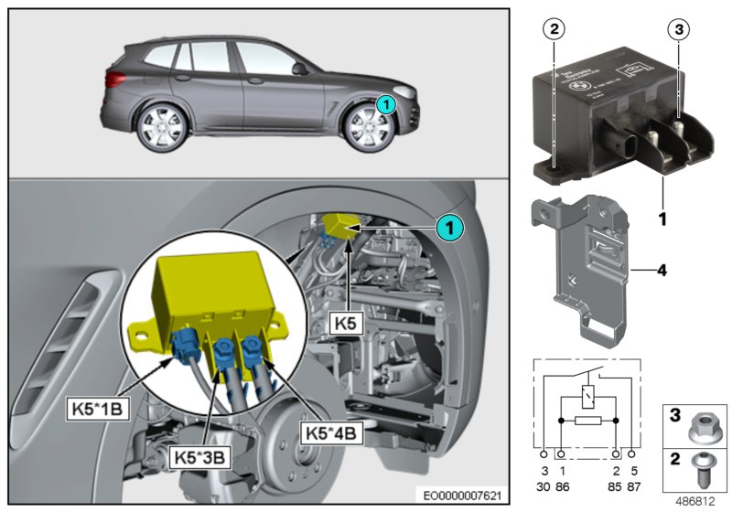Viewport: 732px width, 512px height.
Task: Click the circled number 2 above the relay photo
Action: coord(552,29)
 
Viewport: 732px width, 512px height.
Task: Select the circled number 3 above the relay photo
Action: coord(677,29)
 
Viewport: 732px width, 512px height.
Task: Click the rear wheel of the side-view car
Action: coord(160,128)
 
